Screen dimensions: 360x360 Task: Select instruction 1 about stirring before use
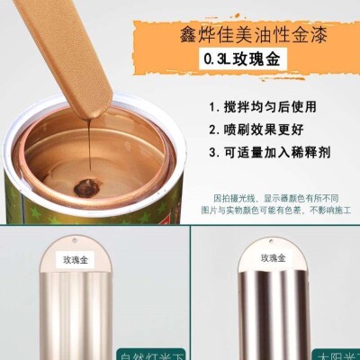point(276,104)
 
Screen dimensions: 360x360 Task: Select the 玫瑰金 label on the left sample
point(77,257)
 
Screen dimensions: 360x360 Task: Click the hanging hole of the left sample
point(78,240)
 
